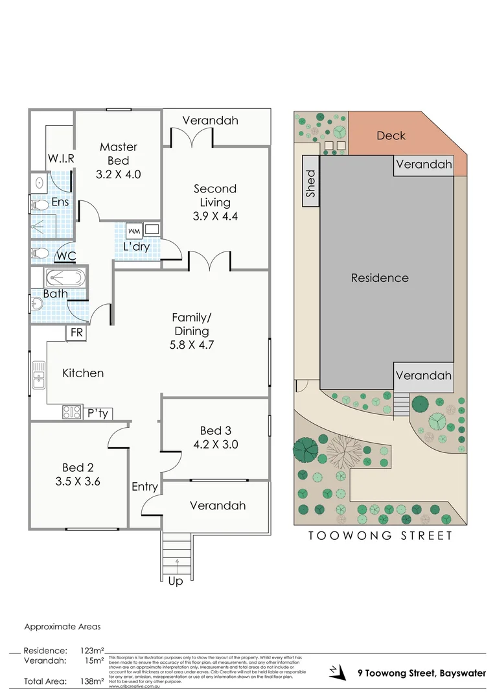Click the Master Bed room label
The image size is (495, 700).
pos(119,154)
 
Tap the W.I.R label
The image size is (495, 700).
pos(62,158)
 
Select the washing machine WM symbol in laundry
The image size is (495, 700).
pos(134,231)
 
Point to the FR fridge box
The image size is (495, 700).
pos(76,332)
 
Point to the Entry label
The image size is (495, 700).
pos(144,486)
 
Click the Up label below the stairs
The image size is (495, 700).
pos(175,581)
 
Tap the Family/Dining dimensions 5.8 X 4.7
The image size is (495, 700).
pos(192,345)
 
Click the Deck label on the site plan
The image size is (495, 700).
pos(391,135)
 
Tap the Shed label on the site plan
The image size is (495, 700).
pos(310,183)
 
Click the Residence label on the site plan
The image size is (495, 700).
pos(380,278)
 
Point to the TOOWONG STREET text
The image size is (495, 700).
pos(380,535)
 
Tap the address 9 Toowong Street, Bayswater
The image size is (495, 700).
pos(422,673)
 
